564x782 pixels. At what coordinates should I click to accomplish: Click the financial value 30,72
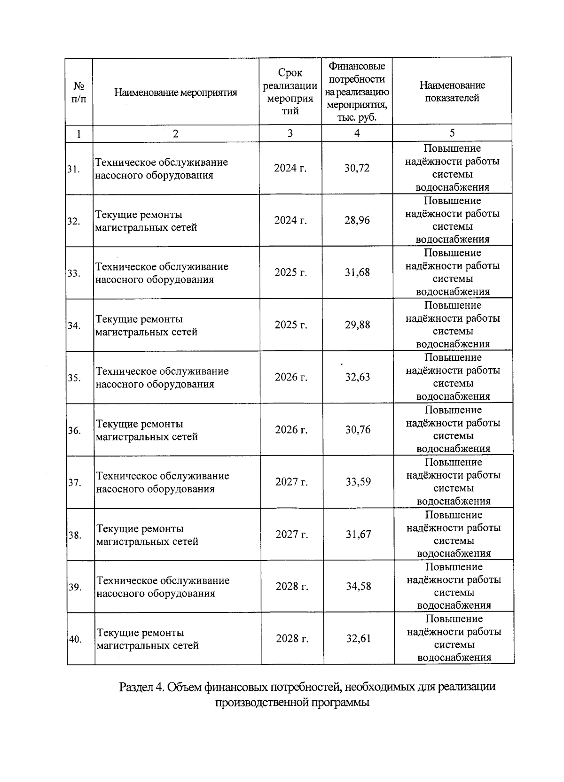[x=357, y=168]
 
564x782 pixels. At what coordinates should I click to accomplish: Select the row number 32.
[x=73, y=221]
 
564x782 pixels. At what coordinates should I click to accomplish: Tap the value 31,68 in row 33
[x=357, y=272]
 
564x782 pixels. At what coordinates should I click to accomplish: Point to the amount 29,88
[x=357, y=325]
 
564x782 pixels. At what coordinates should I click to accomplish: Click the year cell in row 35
[x=291, y=377]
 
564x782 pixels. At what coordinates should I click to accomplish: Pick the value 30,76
[x=358, y=430]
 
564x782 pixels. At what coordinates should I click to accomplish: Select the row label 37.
[x=74, y=483]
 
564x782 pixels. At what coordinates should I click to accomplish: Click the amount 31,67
[x=358, y=534]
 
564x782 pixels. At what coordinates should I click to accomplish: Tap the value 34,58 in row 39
[x=358, y=587]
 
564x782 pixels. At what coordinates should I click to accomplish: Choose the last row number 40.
[x=75, y=639]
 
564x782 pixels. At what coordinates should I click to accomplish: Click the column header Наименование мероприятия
[x=175, y=93]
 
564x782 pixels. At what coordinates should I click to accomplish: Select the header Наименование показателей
[x=452, y=92]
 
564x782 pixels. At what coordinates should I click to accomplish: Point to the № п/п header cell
[x=79, y=93]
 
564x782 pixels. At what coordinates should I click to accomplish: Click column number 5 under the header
[x=452, y=133]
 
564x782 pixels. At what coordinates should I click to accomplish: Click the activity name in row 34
[x=146, y=325]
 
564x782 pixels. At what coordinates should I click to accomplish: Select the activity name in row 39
[x=163, y=587]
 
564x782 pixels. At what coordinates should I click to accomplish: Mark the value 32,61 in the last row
[x=358, y=639]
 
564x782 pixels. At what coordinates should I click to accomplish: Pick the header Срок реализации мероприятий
[x=290, y=92]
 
